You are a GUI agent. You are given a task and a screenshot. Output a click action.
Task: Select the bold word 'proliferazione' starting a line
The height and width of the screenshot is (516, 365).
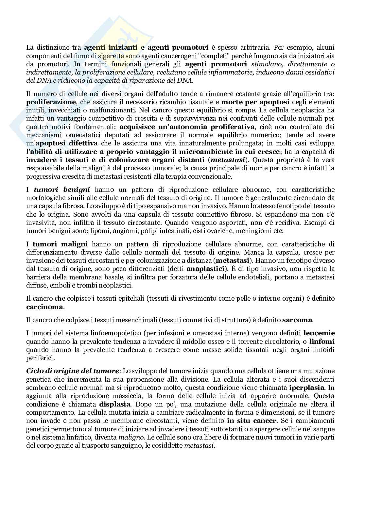(51, 102)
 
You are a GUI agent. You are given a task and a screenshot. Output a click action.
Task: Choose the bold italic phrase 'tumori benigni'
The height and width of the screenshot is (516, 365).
(62, 190)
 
